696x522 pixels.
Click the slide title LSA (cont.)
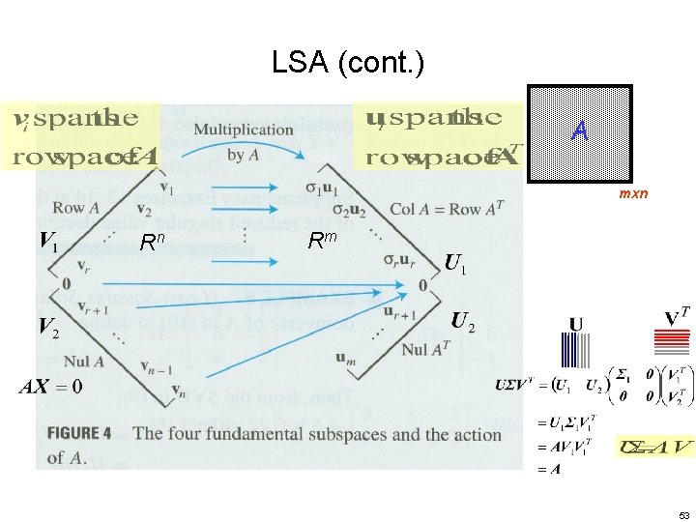(x=348, y=64)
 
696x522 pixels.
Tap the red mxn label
(x=633, y=194)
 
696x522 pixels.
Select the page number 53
(x=683, y=514)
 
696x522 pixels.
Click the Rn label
(x=151, y=242)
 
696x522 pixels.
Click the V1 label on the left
(x=48, y=240)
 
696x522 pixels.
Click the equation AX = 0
(x=50, y=386)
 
